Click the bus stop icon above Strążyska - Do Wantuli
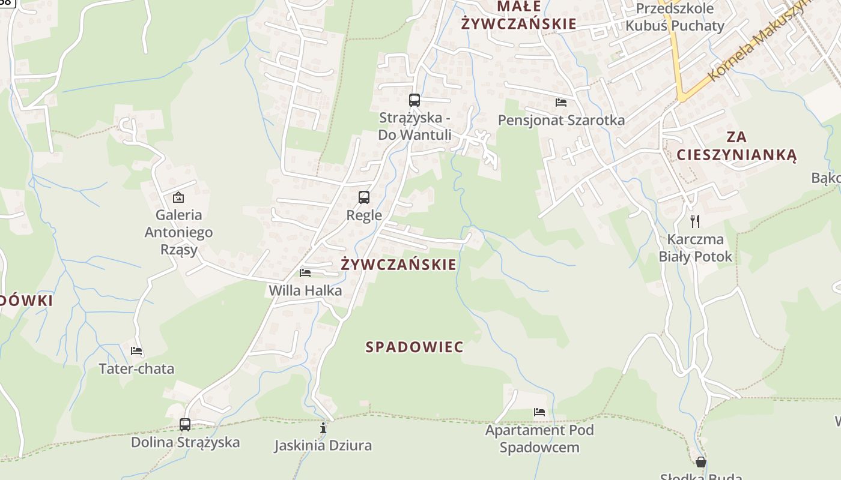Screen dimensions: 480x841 (414, 100)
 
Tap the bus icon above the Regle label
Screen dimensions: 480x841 (364, 197)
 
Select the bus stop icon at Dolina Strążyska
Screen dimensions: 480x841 (185, 425)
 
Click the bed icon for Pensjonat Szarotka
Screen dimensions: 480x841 (561, 103)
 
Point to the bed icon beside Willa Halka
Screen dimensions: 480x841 (305, 273)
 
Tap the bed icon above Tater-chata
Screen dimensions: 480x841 (136, 351)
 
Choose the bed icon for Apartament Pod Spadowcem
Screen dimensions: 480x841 (539, 412)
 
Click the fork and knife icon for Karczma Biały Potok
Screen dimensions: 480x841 (695, 221)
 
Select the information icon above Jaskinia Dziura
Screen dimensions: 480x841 (323, 428)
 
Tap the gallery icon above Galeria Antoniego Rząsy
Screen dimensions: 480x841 (178, 197)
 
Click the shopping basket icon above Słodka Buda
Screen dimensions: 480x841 (701, 462)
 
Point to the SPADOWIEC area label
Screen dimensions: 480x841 (414, 347)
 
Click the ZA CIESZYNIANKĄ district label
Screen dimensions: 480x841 (736, 146)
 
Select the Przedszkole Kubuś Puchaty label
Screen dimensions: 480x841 (675, 17)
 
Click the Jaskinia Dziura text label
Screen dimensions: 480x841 (323, 446)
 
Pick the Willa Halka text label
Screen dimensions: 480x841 (305, 291)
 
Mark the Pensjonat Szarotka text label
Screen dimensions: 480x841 (561, 121)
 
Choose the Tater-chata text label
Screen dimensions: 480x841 (136, 369)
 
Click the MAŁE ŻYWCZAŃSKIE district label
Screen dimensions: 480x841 (518, 15)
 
